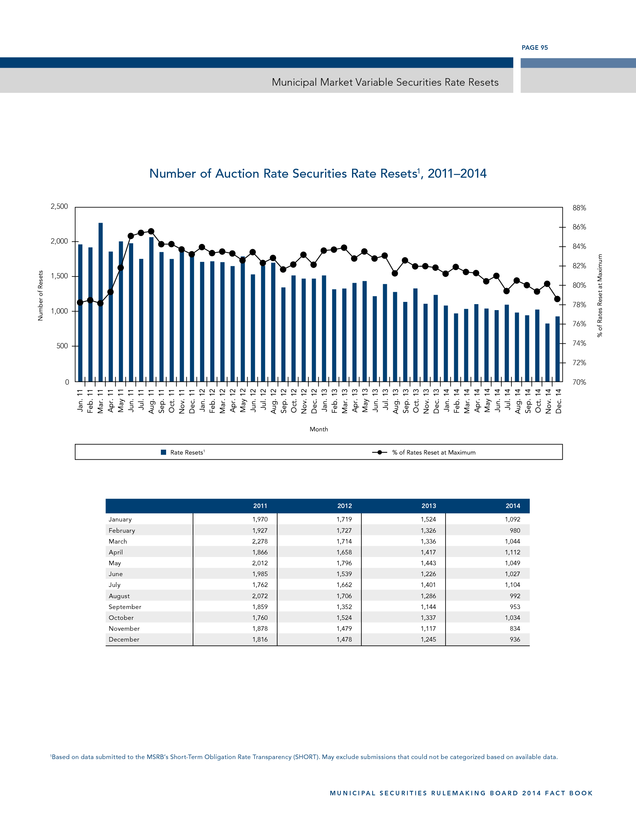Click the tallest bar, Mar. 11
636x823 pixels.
(x=101, y=302)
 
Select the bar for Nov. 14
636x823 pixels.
(x=547, y=352)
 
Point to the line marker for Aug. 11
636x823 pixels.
(x=151, y=231)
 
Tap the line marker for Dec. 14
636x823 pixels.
(x=557, y=299)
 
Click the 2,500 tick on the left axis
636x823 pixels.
(x=59, y=206)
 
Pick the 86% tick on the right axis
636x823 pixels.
(x=579, y=227)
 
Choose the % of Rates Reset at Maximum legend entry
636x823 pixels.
(x=433, y=452)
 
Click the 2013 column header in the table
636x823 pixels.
(x=428, y=506)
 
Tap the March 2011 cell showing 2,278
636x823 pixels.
(x=260, y=541)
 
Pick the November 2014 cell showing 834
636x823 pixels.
(x=515, y=628)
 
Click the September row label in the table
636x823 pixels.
(x=125, y=607)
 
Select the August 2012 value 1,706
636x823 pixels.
(x=344, y=596)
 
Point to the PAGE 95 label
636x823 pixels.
(x=535, y=48)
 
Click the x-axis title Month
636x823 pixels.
(x=319, y=429)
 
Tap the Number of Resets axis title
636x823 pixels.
(x=40, y=296)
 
